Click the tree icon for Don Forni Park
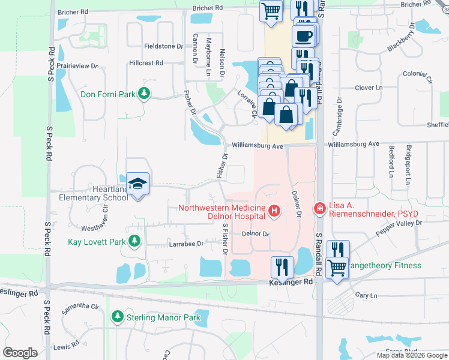[143, 94]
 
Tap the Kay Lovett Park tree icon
[135, 241]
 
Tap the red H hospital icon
[274, 211]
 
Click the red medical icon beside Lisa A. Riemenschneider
[319, 208]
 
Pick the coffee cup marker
[304, 35]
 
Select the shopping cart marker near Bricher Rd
[271, 11]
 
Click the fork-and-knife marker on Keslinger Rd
[282, 266]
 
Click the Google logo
[20, 353]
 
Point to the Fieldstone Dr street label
[163, 46]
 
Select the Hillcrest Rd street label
[146, 63]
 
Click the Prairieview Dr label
[77, 67]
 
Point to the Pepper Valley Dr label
[399, 227]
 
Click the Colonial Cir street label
[418, 76]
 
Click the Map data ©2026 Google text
[411, 355]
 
